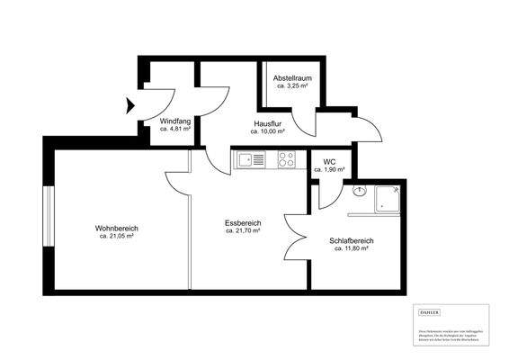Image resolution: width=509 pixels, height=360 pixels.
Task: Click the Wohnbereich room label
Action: [x=116, y=229]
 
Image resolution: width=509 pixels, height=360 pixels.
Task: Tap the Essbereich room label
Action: [x=243, y=222]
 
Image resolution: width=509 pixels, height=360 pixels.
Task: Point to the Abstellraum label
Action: [x=293, y=78]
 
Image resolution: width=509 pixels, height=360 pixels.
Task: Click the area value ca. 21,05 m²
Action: [x=116, y=237]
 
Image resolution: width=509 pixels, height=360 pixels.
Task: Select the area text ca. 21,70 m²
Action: [x=243, y=230]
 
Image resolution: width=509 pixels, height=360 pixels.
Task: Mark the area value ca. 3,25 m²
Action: [x=293, y=86]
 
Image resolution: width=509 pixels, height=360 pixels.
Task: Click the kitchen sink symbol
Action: [x=252, y=161]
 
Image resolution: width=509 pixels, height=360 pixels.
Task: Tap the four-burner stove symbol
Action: [x=287, y=161]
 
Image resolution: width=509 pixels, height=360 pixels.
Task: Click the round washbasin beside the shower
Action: [x=359, y=191]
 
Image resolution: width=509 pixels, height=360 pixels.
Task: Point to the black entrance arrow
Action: [x=131, y=105]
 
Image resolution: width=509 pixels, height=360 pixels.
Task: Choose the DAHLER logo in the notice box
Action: [x=430, y=311]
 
